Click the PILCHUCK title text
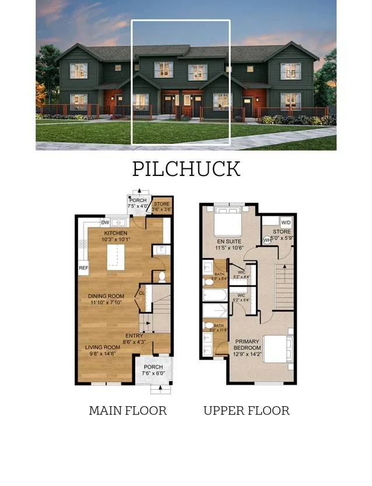(x=186, y=168)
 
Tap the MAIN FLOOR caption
(x=128, y=411)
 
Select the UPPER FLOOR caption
(x=246, y=411)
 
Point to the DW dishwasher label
(x=105, y=222)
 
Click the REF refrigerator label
(x=83, y=268)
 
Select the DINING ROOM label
(x=107, y=299)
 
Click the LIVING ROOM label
(x=103, y=350)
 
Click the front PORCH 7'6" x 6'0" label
(x=153, y=370)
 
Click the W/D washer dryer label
(x=286, y=223)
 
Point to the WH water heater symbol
(x=267, y=240)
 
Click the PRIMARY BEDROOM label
(x=248, y=345)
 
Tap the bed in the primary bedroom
(x=278, y=348)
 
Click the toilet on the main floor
(x=162, y=276)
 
